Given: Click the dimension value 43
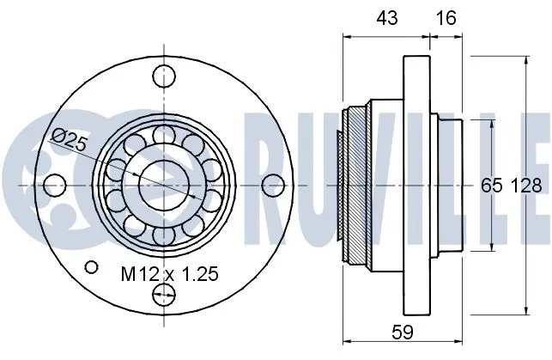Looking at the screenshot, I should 386,17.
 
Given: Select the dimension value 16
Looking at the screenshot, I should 446,17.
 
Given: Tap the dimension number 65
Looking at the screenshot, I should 491,184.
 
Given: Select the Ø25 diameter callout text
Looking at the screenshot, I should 69,140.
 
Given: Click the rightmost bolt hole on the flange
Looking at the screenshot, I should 273,184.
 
